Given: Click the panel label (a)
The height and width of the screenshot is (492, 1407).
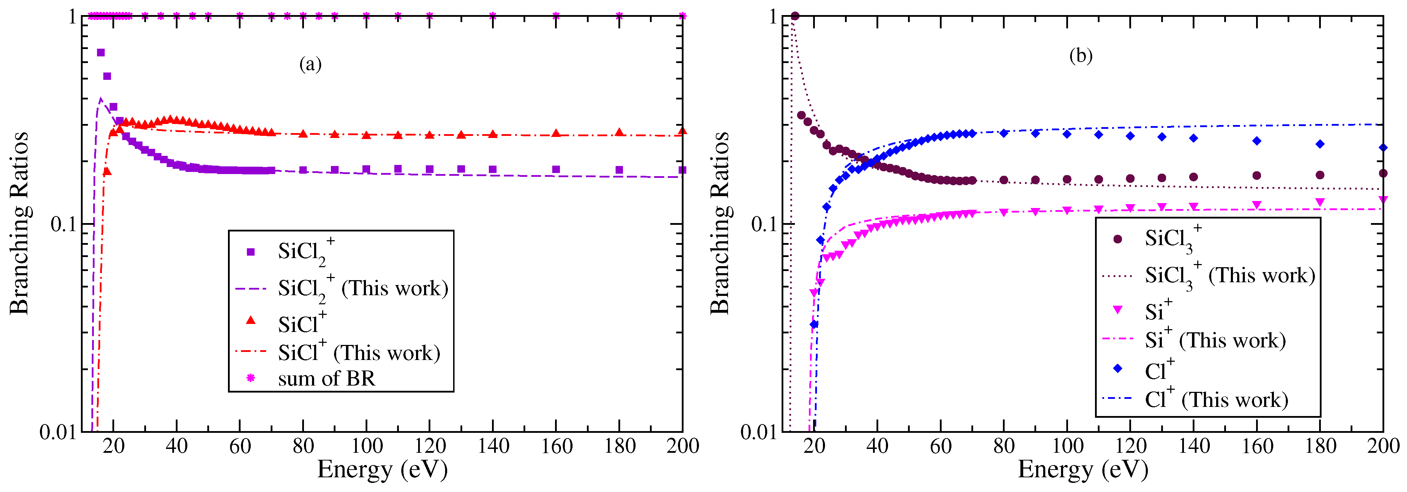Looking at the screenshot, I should [x=310, y=64].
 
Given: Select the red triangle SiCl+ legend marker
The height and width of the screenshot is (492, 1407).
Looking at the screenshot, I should [x=251, y=320].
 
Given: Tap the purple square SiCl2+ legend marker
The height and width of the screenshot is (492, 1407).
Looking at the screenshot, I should [x=251, y=252].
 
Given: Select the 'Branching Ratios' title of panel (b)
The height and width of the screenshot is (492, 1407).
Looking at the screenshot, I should [x=720, y=223].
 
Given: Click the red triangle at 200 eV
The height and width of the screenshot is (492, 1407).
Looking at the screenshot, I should [x=682, y=131].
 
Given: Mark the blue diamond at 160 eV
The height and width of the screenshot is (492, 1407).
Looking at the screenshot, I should [x=1257, y=141].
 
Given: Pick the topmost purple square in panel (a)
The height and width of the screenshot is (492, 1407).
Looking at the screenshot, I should [x=100, y=53].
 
